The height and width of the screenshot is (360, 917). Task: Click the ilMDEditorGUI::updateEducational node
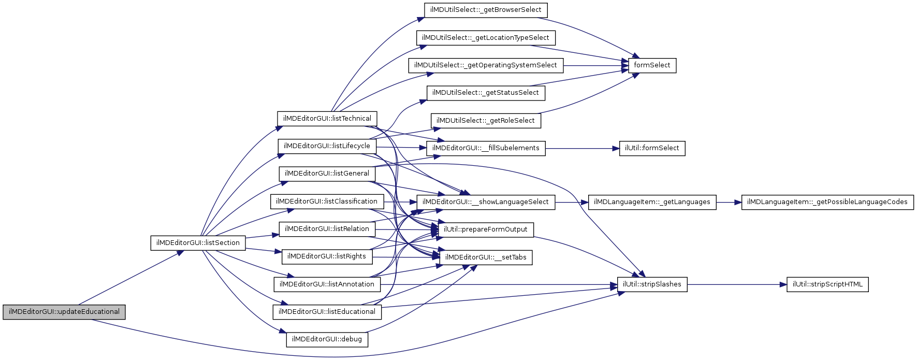(x=64, y=312)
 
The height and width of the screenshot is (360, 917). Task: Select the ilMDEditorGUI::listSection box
(x=198, y=243)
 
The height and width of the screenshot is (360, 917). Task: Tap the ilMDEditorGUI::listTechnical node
(x=327, y=119)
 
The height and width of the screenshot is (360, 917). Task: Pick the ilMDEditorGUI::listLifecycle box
(x=327, y=146)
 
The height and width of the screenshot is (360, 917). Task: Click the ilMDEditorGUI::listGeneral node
(x=327, y=174)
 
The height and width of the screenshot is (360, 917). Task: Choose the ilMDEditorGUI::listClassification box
(x=327, y=201)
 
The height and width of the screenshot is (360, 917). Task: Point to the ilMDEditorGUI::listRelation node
(x=327, y=229)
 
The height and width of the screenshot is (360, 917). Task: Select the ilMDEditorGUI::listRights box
(x=327, y=256)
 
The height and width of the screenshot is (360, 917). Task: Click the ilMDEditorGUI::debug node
(x=327, y=339)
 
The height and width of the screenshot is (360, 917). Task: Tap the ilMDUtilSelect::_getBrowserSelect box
(x=486, y=10)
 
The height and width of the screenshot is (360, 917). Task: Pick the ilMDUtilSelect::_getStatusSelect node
(x=486, y=93)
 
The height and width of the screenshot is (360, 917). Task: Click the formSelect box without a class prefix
(x=652, y=65)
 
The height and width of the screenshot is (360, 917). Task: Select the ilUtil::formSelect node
(x=652, y=148)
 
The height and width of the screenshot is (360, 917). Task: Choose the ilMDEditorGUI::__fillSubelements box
(x=486, y=148)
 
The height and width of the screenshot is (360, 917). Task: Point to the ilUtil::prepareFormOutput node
(x=486, y=229)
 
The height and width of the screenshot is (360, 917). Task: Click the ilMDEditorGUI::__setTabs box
(x=486, y=257)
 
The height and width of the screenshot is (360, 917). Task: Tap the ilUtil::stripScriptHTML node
(x=827, y=284)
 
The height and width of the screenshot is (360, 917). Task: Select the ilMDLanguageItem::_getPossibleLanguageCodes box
(x=827, y=202)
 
